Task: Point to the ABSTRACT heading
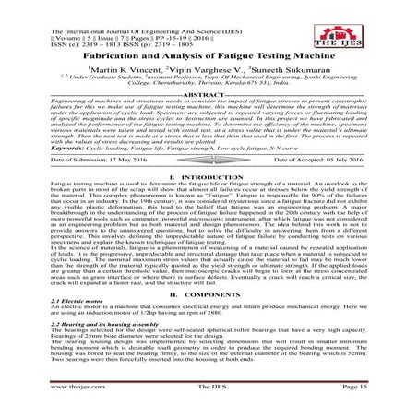(x=209, y=94)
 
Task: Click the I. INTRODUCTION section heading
(x=209, y=175)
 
